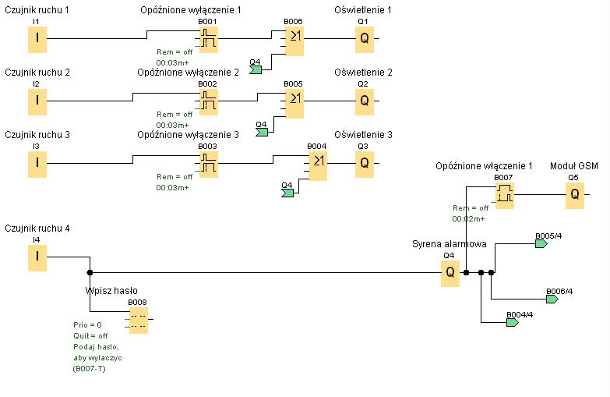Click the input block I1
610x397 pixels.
(37, 39)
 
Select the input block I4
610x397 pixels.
(37, 257)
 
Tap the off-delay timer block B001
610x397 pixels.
(209, 39)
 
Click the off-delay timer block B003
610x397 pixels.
(209, 164)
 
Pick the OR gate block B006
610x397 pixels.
(294, 41)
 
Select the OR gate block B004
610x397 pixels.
(318, 165)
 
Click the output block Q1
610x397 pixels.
(365, 39)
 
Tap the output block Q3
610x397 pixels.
(365, 164)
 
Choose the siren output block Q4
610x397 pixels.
(450, 273)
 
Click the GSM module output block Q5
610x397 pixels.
(575, 195)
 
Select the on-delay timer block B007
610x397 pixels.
(505, 195)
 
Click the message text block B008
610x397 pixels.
(139, 320)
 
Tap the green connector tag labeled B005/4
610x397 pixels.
(541, 244)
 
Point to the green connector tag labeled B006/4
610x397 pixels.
(552, 300)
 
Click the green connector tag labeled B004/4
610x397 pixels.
(513, 323)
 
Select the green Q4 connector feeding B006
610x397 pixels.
(256, 69)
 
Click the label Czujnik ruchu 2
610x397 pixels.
(37, 73)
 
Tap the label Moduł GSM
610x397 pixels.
(574, 166)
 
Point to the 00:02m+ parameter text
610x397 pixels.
(468, 219)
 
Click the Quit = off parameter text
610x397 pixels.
(90, 336)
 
